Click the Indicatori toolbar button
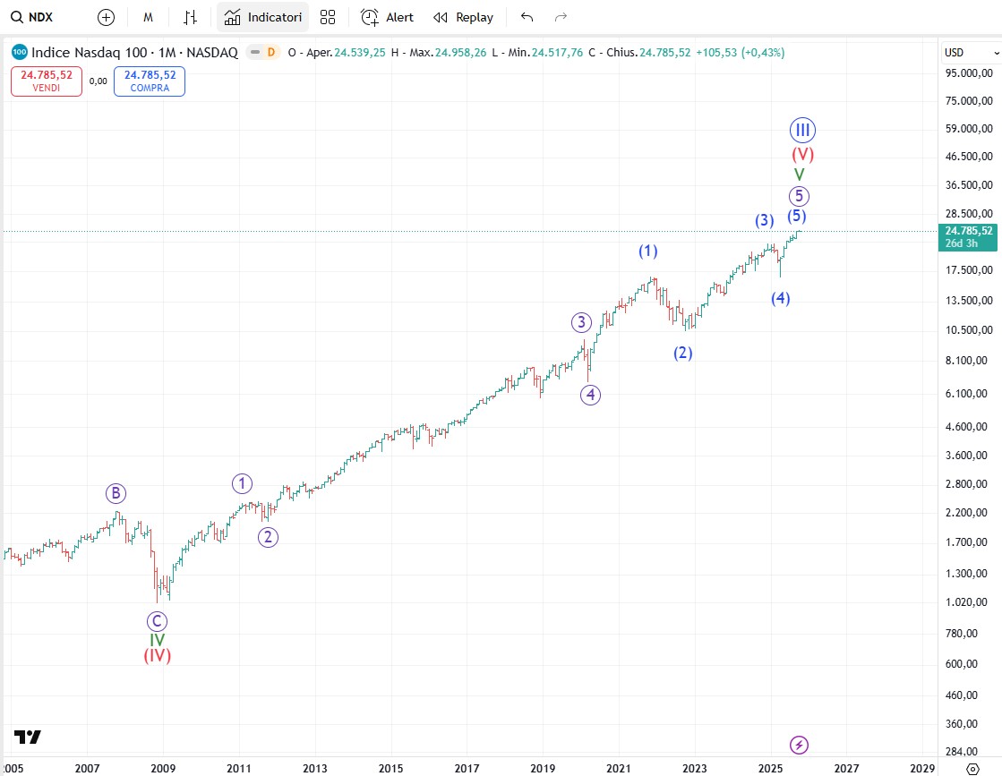[262, 17]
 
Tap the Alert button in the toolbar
[388, 17]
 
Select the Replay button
[464, 17]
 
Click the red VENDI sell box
[47, 81]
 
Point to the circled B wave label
[115, 492]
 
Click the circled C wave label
[157, 620]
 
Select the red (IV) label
[157, 655]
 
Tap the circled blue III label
[802, 130]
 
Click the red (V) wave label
[802, 154]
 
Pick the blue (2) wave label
[683, 353]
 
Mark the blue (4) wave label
[781, 298]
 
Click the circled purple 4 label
[589, 394]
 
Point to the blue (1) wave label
[648, 251]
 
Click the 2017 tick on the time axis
[467, 768]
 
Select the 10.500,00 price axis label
[970, 330]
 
